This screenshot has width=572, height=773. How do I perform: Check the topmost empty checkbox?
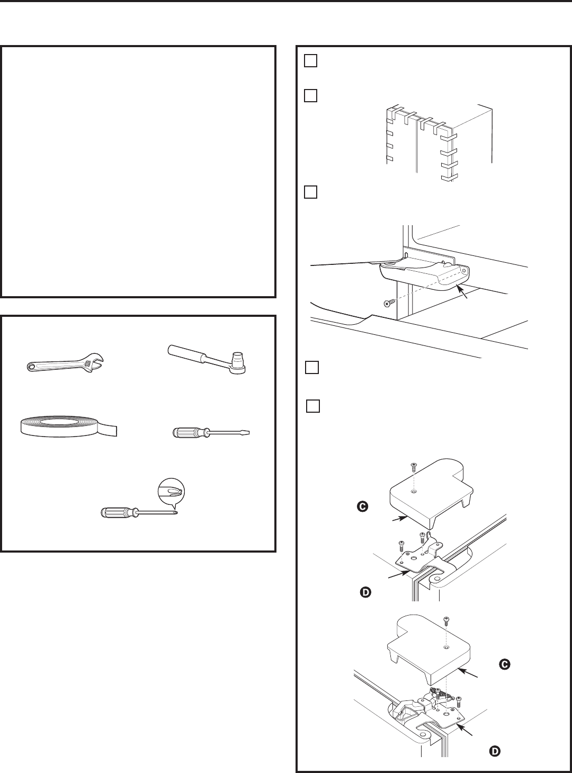point(310,61)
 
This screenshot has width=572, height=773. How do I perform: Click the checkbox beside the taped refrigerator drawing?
point(310,96)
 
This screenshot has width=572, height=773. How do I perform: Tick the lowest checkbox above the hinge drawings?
point(314,406)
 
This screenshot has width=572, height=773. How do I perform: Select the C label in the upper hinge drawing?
point(362,507)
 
